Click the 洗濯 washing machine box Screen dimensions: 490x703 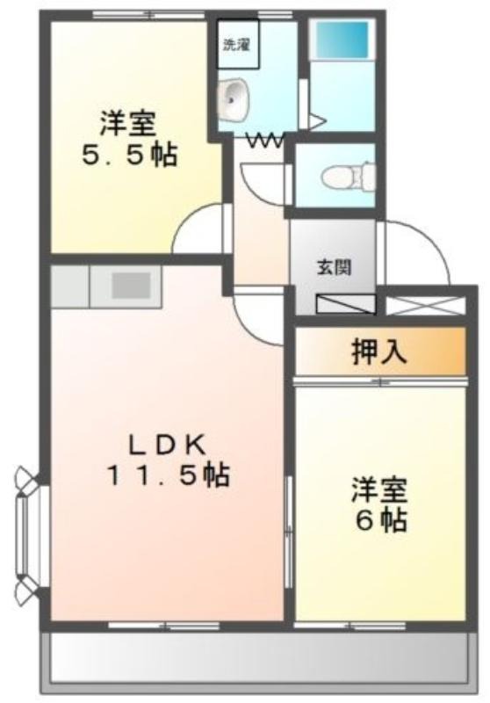click(238, 43)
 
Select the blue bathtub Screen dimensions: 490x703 click(342, 40)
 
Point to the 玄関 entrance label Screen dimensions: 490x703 click(335, 268)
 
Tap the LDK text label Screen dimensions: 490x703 click(168, 446)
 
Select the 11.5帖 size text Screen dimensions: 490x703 click(168, 475)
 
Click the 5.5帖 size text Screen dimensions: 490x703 click(129, 155)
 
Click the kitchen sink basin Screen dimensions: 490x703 click(131, 285)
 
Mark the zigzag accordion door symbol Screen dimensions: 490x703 click(265, 141)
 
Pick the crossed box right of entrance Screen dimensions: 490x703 click(426, 305)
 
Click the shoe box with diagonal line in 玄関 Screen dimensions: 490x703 click(346, 303)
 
